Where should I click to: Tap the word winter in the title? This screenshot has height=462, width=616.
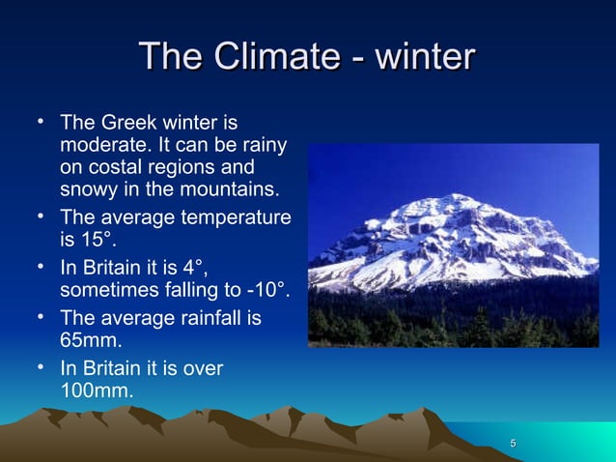(x=424, y=56)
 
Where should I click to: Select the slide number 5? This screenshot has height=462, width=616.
(x=513, y=444)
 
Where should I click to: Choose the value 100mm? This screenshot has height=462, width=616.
(x=97, y=390)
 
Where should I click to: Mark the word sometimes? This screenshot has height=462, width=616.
(x=108, y=288)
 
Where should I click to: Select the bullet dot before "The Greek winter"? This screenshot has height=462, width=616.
(x=42, y=123)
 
